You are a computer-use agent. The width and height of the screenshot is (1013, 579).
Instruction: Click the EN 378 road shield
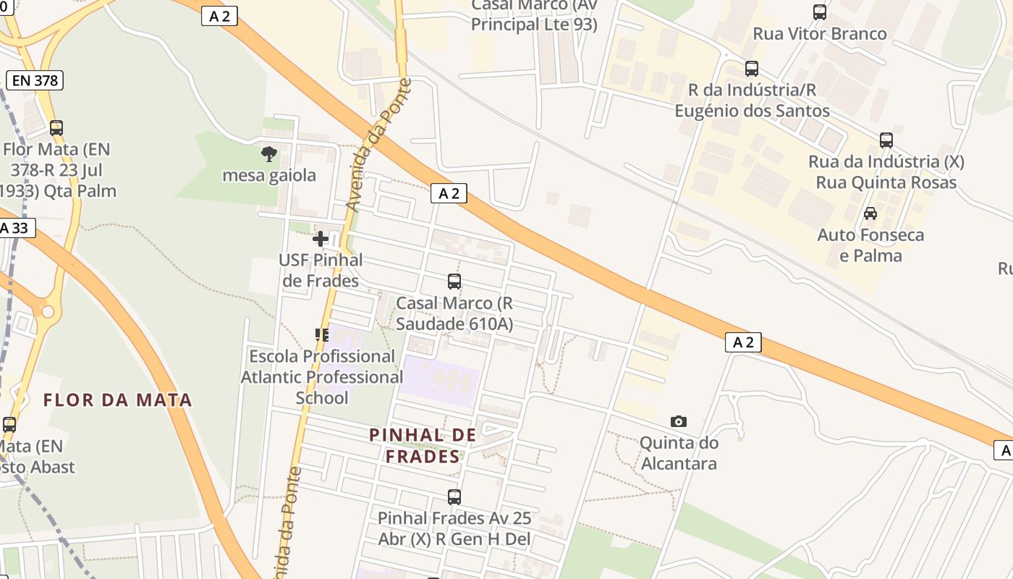35,80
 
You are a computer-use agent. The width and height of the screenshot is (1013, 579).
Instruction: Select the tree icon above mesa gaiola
269,153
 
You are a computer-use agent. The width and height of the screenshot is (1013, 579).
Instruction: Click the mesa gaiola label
269,175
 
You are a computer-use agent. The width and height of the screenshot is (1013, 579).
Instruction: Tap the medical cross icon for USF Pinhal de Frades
321,238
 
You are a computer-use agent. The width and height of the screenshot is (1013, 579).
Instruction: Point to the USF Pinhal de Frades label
321,270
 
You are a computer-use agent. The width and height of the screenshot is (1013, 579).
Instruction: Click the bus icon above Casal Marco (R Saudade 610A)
454,282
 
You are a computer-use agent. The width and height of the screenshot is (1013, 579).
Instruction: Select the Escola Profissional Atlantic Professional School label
322,377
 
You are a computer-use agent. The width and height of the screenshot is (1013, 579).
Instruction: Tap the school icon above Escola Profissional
322,334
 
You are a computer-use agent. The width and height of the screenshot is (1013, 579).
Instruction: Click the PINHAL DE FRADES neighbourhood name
423,445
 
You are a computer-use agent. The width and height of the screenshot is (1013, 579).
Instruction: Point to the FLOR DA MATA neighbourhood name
118,400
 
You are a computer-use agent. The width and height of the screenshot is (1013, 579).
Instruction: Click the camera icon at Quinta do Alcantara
679,421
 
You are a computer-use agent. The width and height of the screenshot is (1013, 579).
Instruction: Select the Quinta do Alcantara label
679,453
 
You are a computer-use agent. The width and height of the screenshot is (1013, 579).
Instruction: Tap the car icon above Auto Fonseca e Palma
870,214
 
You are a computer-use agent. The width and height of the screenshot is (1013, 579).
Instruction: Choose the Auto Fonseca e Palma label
870,245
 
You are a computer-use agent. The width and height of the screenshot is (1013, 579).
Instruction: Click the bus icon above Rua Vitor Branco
820,12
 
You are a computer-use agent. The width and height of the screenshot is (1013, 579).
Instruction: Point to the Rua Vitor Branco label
820,34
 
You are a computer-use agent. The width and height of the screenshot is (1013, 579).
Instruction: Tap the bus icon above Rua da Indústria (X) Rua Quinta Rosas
886,140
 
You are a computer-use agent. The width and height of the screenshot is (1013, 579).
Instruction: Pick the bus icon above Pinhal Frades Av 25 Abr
454,497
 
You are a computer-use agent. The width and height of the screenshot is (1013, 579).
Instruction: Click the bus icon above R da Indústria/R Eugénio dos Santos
752,69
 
